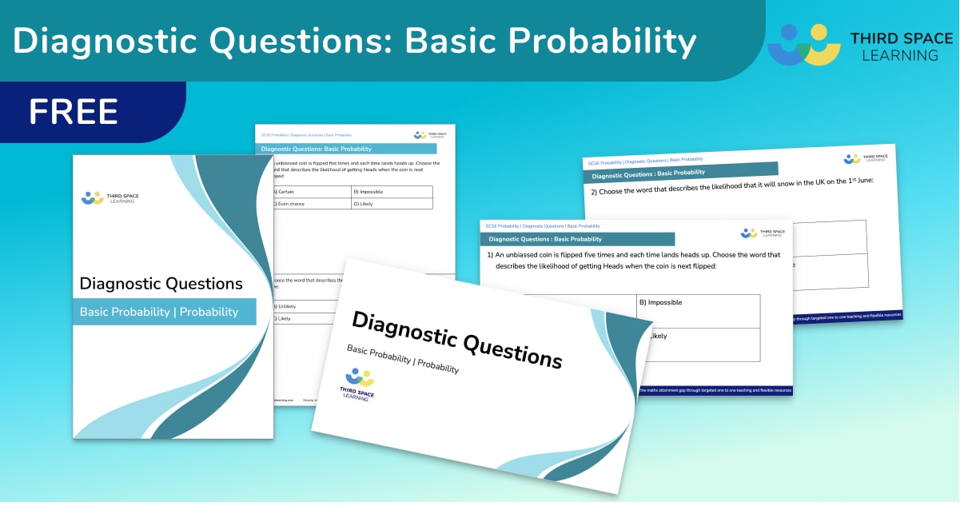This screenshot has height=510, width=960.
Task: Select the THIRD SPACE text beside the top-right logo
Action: pos(901,38)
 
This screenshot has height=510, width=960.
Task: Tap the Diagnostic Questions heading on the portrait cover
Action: pos(161,283)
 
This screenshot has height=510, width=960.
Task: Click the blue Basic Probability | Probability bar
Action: pos(165,312)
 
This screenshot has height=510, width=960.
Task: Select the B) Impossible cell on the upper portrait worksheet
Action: pos(392,192)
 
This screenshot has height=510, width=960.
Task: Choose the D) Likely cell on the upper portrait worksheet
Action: pos(392,204)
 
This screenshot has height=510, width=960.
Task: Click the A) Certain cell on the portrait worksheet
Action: pos(312,192)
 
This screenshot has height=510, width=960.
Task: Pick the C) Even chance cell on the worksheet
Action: pos(312,204)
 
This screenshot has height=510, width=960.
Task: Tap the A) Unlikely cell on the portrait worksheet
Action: pos(300,306)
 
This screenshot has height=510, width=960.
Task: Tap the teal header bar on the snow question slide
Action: pos(682,171)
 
